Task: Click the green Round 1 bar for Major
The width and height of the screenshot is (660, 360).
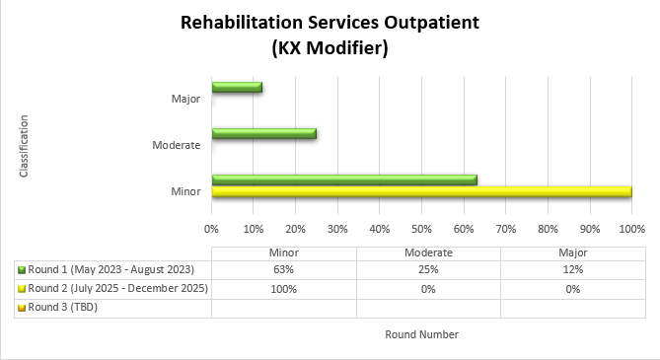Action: click(x=237, y=88)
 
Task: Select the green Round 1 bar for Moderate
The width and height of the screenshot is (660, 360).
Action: click(x=263, y=134)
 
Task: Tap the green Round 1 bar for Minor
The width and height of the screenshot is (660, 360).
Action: click(x=344, y=180)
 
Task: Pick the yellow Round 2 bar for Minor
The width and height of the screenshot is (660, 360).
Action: click(x=421, y=191)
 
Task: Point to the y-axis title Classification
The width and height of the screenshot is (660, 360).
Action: click(x=24, y=146)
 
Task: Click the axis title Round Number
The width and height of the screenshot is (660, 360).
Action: click(x=421, y=334)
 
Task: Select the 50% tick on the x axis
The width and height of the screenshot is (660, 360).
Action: click(x=421, y=229)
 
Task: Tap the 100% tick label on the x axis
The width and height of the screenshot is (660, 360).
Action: click(x=631, y=229)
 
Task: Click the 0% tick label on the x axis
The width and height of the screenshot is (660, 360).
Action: click(x=211, y=229)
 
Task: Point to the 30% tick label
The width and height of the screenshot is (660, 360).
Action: click(x=337, y=229)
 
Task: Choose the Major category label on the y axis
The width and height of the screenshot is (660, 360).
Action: click(x=186, y=99)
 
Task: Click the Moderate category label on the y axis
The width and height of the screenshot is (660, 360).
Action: click(x=178, y=146)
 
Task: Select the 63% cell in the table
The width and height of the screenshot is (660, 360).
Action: click(x=284, y=269)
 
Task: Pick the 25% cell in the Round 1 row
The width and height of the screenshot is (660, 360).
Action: click(x=428, y=269)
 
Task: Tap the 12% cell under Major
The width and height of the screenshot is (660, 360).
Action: click(x=573, y=269)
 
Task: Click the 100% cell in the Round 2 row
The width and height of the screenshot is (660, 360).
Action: click(x=284, y=288)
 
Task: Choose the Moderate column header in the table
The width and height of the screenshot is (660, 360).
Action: click(x=428, y=252)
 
